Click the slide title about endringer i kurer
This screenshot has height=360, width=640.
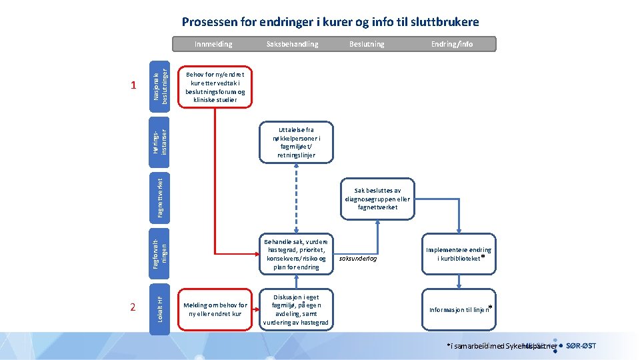(x=330, y=22)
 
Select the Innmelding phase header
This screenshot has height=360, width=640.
(x=213, y=44)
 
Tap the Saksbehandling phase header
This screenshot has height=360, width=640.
(x=292, y=44)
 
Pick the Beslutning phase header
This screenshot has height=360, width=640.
(x=367, y=44)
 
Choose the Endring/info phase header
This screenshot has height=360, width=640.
(x=452, y=44)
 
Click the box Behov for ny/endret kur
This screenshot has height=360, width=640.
(x=215, y=87)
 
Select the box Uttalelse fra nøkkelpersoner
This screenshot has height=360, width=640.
(x=297, y=142)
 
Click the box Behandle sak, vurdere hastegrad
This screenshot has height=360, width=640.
(x=297, y=254)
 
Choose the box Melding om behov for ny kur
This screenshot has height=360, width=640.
(x=215, y=309)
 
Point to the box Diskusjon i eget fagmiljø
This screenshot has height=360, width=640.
(x=297, y=309)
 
